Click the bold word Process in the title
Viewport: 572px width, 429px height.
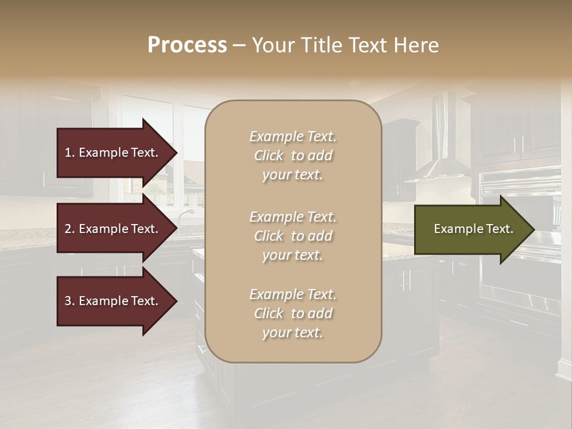pos(187,45)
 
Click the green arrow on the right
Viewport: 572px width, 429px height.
pos(471,229)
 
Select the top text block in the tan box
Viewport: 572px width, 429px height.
pos(293,156)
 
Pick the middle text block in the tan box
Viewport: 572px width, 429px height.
pos(293,236)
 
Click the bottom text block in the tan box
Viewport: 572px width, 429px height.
pos(293,313)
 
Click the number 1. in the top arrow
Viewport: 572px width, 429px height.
pos(70,153)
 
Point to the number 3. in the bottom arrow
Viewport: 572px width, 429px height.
pos(70,301)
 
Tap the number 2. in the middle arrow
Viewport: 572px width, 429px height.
pos(70,229)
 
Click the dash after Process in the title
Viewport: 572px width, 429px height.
pos(239,45)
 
